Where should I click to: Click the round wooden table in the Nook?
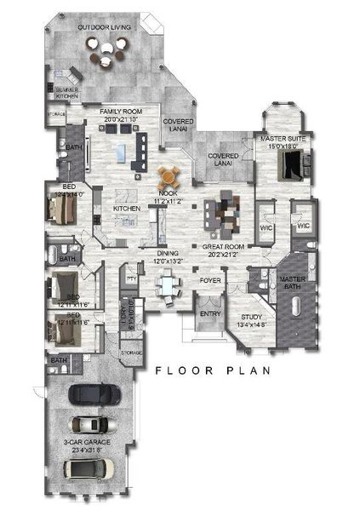tap(171, 177)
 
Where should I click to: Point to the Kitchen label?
tap(126, 209)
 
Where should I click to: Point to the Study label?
tap(248, 319)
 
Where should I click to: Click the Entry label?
tap(209, 314)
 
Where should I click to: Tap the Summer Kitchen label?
tap(67, 94)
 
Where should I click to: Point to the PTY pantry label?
tap(132, 278)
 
